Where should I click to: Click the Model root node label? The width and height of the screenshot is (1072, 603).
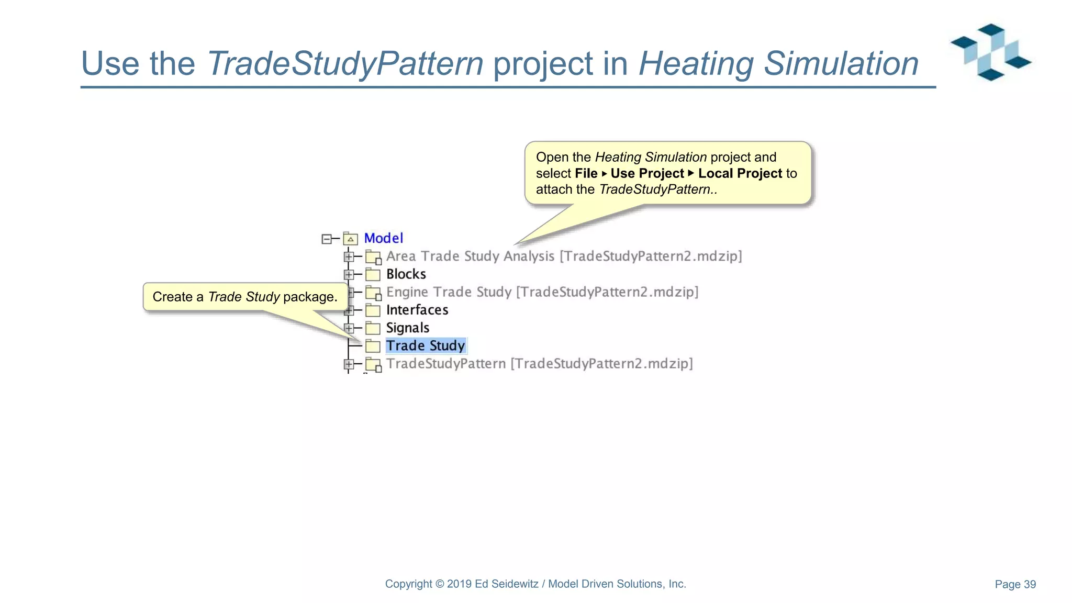click(383, 238)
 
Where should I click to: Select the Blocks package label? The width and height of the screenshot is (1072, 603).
click(406, 274)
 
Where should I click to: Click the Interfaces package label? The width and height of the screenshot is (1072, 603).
click(417, 310)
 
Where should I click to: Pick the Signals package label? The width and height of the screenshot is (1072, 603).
click(407, 328)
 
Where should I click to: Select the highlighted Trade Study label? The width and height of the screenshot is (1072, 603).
click(425, 345)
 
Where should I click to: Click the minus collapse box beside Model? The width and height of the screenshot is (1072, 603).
click(327, 239)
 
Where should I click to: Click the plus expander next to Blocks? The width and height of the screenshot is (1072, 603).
click(349, 274)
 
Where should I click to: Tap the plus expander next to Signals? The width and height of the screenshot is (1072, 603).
click(349, 328)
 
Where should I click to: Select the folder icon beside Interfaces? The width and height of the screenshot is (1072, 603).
click(373, 310)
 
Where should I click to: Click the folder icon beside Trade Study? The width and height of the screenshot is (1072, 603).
click(373, 346)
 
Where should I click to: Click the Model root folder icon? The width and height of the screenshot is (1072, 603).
click(350, 239)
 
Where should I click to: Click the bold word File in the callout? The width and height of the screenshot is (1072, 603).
click(586, 173)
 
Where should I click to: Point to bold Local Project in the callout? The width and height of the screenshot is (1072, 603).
click(740, 173)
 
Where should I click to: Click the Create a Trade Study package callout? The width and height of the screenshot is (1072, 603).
click(245, 297)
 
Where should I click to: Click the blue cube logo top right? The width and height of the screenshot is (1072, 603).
click(990, 52)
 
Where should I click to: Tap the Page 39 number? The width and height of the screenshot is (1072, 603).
click(1015, 584)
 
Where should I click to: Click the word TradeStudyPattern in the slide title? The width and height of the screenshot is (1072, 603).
click(345, 64)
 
